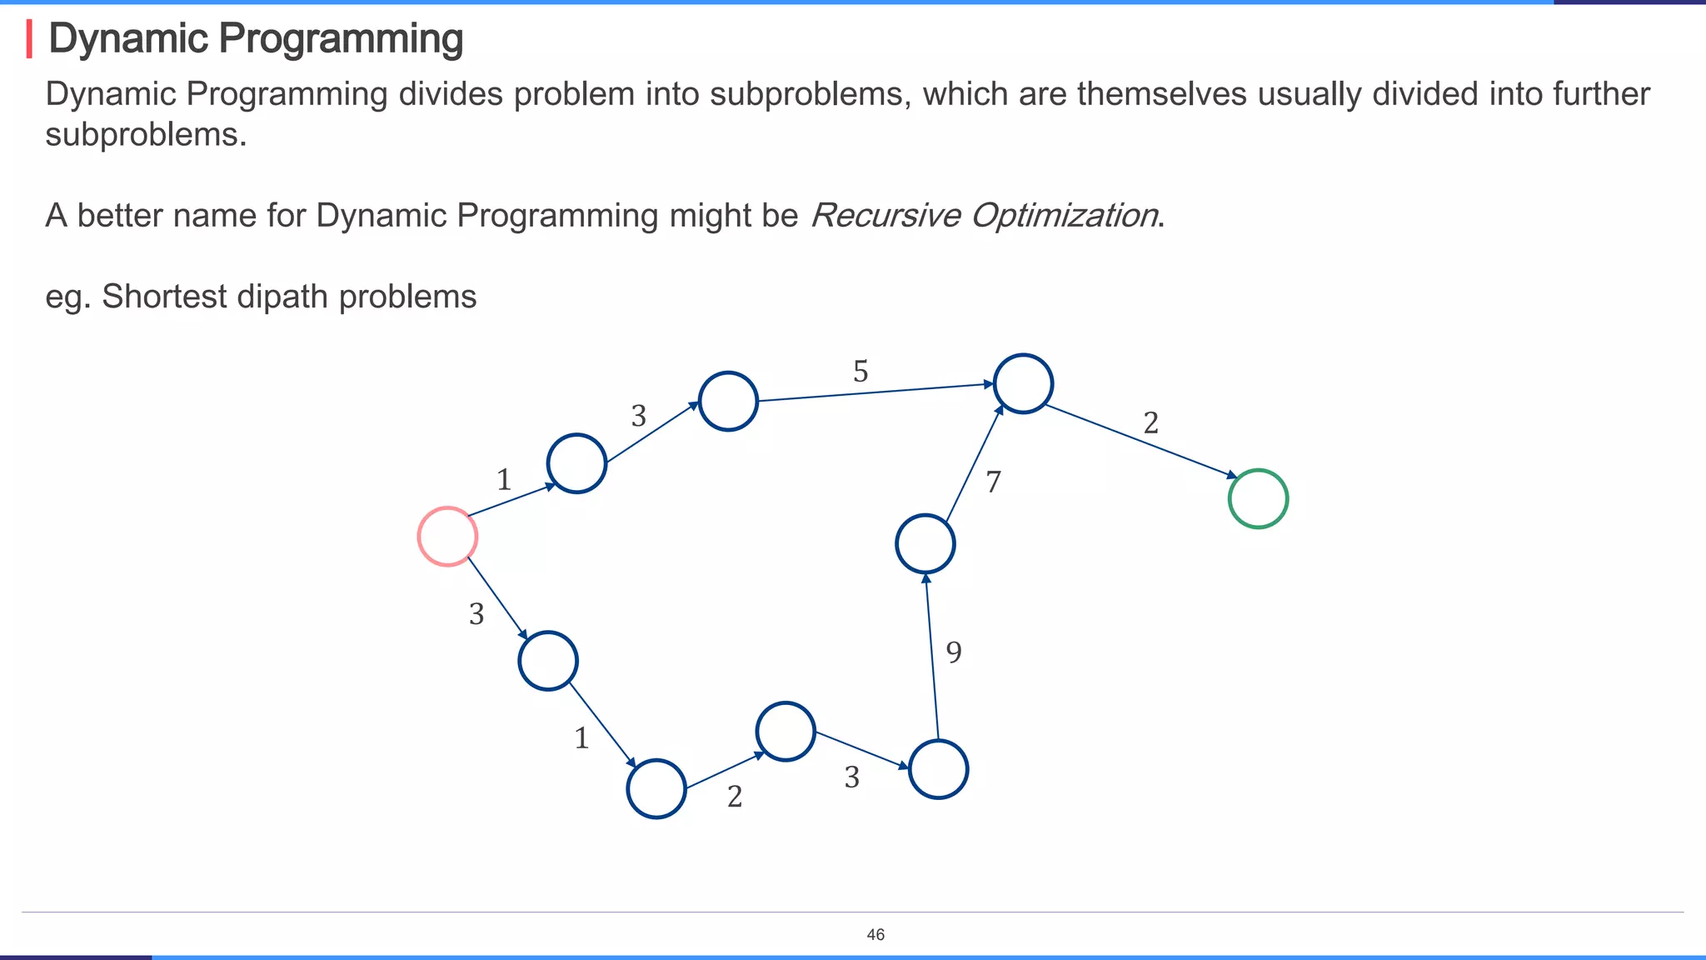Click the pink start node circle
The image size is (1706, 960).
[x=447, y=537]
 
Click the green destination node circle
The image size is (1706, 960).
[x=1258, y=499]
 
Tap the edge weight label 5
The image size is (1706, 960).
[x=860, y=372]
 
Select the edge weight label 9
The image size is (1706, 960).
[x=954, y=652]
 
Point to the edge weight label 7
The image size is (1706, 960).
[x=993, y=482]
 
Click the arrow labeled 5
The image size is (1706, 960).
[x=875, y=392]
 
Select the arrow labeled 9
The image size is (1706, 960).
[x=931, y=658]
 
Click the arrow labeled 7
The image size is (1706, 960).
[x=973, y=463]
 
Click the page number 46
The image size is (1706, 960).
[x=875, y=935]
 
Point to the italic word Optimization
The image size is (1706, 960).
[x=1064, y=216]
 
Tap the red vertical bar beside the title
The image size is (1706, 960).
[x=29, y=39]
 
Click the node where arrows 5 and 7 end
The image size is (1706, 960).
[x=1023, y=383]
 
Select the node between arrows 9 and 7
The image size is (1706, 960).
[x=925, y=543]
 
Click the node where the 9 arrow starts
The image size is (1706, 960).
[x=938, y=769]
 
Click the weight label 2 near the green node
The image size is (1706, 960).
[x=1150, y=423]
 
